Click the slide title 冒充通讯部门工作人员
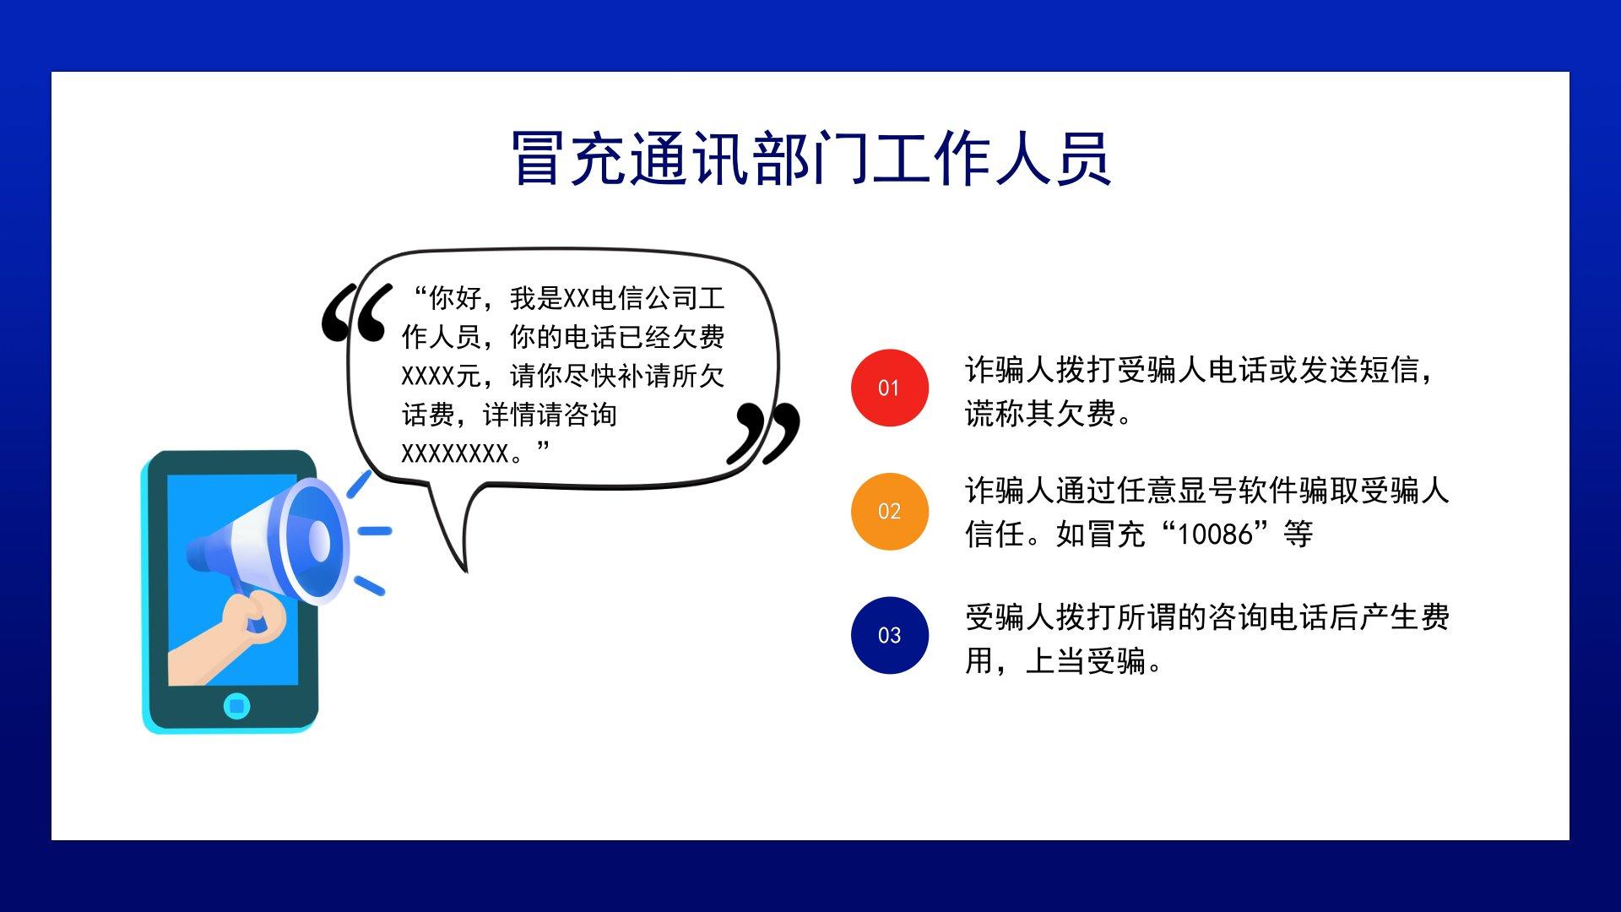810,158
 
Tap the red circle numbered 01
890,388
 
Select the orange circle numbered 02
890,511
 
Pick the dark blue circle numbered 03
890,635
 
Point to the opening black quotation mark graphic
357,312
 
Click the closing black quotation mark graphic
763,432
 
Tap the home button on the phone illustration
237,705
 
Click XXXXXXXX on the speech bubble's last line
455,453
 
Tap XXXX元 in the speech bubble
442,376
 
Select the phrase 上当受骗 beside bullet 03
1086,660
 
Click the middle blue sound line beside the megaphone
375,531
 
